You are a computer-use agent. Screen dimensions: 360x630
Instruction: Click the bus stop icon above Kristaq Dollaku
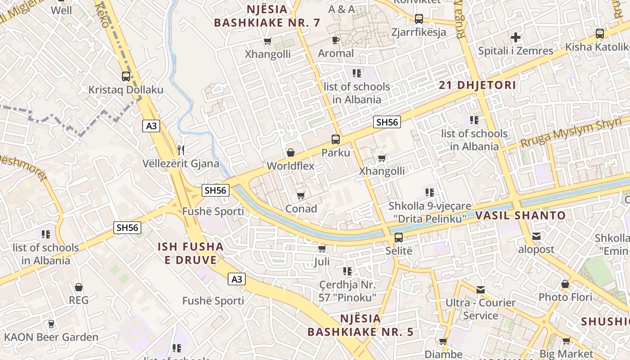coord(126,76)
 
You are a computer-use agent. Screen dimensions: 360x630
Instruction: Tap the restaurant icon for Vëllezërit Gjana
coord(181,150)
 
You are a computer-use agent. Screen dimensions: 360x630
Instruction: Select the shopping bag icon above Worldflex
coord(291,153)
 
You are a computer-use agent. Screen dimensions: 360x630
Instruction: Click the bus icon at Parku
coord(336,139)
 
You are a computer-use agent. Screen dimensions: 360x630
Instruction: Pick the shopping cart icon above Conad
coord(301,196)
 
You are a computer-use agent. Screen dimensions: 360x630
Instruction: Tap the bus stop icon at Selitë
coord(399,238)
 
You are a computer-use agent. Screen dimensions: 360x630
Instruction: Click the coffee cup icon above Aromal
coord(336,40)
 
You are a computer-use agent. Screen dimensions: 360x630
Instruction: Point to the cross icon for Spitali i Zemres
coord(516,37)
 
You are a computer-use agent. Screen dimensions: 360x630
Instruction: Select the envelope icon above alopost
coord(536,236)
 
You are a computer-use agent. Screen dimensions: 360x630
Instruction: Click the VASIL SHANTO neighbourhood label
coord(521,216)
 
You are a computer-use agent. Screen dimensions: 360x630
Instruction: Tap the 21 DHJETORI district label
coord(477,85)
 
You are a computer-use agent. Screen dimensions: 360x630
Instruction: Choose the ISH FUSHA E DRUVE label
coord(190,253)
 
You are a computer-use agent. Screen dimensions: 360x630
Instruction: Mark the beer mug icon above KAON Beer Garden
coord(51,324)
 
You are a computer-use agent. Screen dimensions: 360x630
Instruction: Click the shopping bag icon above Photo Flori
coord(565,284)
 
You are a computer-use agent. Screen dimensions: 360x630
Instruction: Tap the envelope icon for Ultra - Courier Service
coord(481,290)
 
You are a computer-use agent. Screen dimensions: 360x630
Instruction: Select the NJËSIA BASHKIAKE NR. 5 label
coord(360,325)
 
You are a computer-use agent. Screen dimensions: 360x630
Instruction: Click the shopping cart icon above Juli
coord(322,248)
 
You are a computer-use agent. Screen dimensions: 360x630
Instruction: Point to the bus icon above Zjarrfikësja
coord(419,19)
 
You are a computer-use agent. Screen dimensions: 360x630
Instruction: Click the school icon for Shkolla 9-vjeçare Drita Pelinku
coord(429,193)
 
